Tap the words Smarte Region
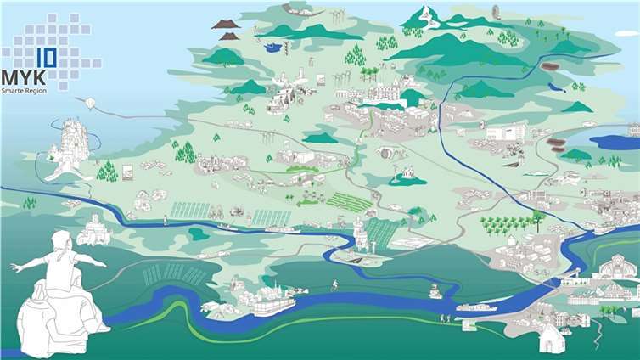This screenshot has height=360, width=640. click(x=26, y=90)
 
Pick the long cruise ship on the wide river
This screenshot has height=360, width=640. click(x=475, y=307)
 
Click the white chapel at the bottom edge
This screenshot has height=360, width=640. click(x=552, y=339)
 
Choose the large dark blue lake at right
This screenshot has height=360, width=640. click(x=614, y=142)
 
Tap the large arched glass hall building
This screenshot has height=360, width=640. click(x=617, y=269)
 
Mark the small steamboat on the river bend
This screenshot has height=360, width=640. click(x=435, y=292)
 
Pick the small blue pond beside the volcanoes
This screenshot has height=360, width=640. click(x=272, y=48)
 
